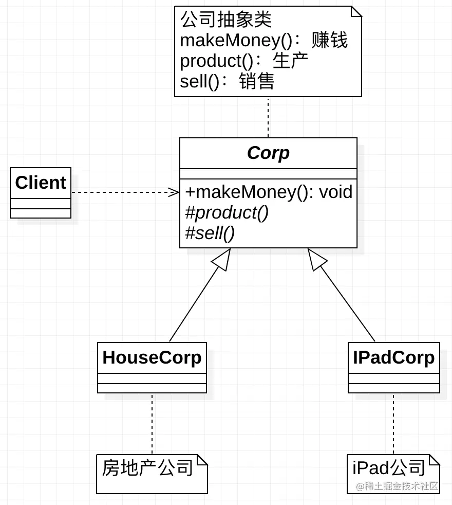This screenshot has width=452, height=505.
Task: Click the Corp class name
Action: tap(268, 153)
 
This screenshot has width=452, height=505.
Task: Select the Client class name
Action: tap(41, 183)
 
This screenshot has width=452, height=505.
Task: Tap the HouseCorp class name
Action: tap(152, 357)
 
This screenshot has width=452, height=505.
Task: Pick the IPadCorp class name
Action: tap(393, 357)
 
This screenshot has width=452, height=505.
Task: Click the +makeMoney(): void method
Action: tap(269, 192)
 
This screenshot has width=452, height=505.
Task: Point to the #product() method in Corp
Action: tap(227, 212)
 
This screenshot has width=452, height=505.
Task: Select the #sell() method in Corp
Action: tap(210, 233)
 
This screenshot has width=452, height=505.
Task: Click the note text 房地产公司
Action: tap(147, 467)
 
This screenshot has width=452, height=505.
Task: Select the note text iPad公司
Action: tap(389, 467)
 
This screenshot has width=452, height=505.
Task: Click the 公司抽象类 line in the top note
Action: tap(226, 20)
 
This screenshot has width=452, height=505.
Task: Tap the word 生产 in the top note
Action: tap(290, 61)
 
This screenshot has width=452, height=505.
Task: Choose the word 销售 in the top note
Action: tap(257, 81)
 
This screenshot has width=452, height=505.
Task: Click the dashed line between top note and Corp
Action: tap(268, 117)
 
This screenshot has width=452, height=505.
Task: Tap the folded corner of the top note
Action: tap(356, 11)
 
